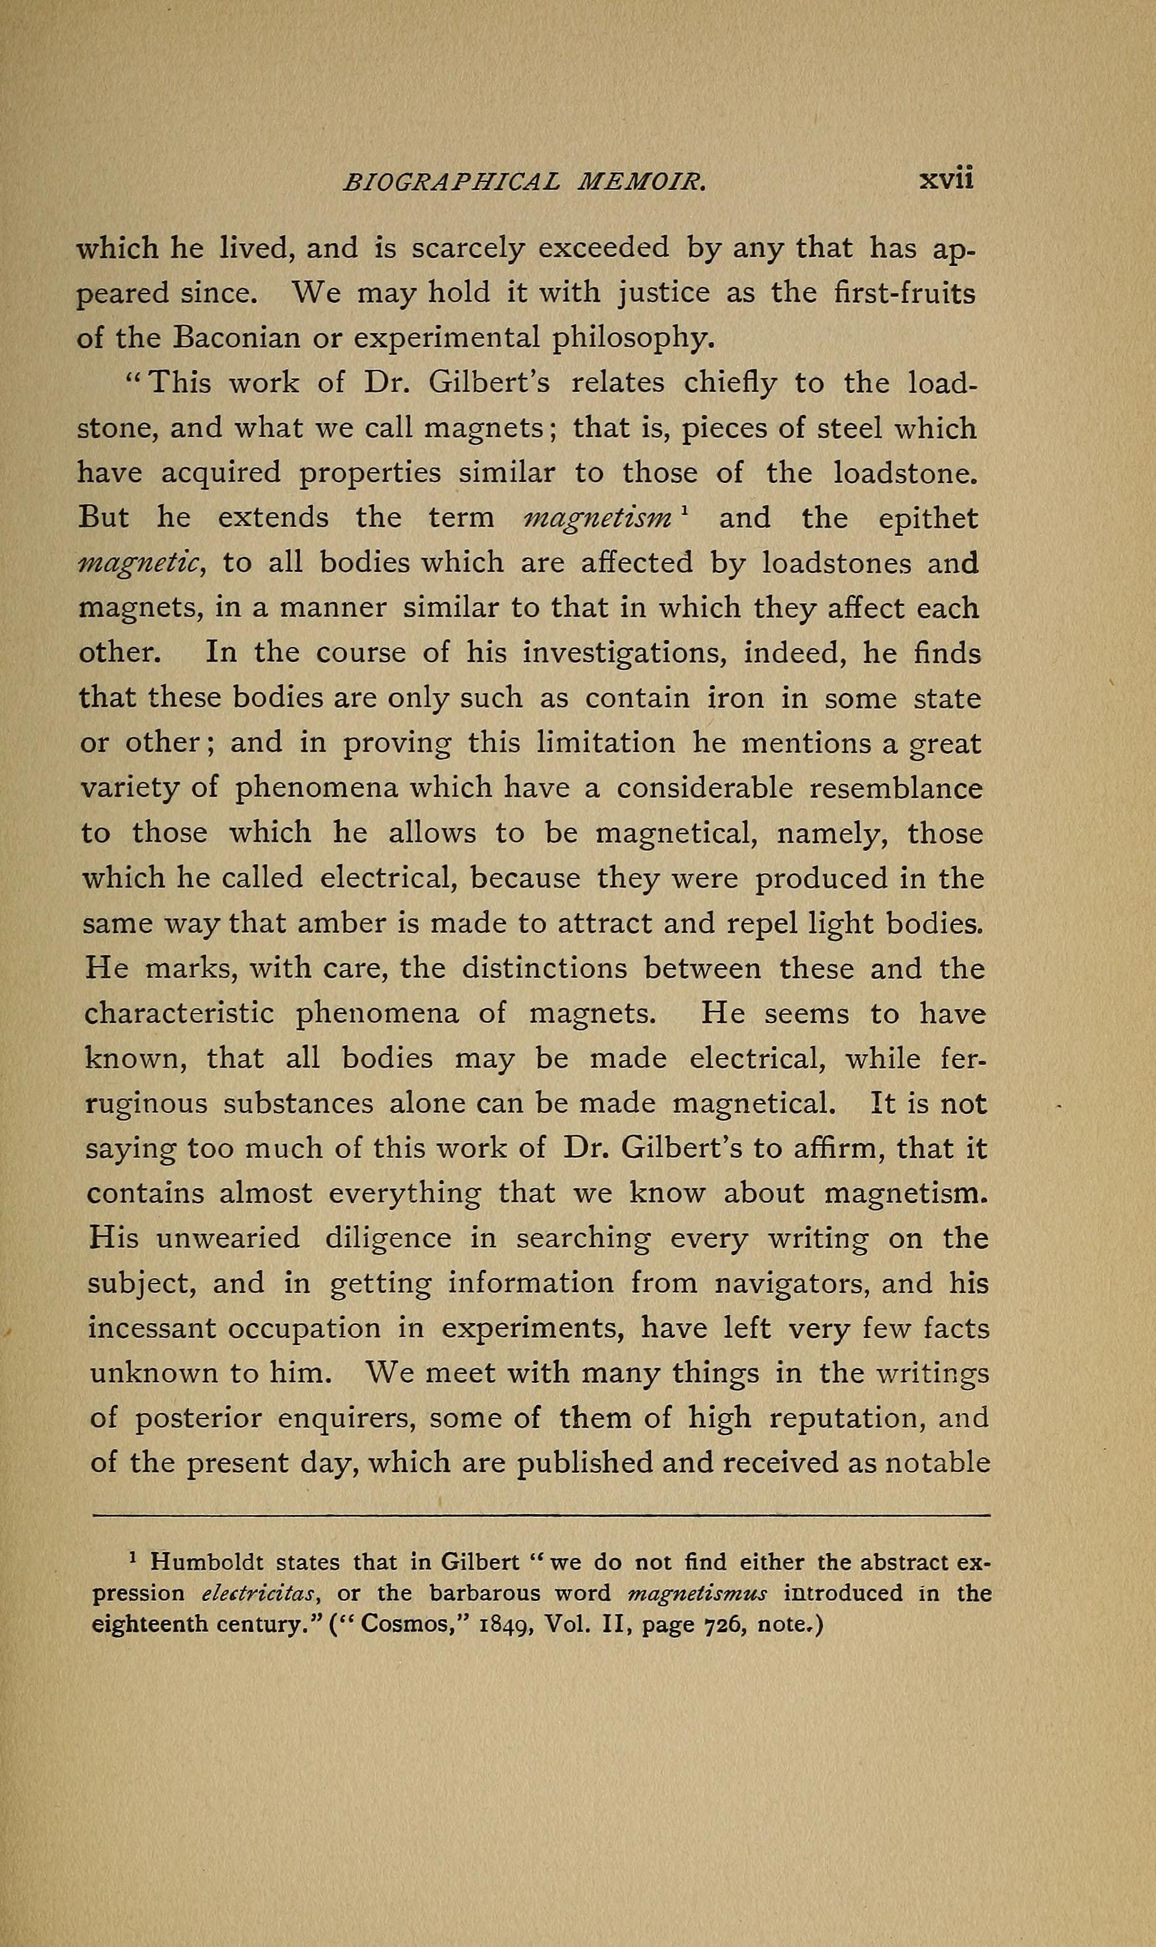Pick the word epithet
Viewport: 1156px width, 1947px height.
[927, 518]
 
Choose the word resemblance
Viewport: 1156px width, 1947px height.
[896, 788]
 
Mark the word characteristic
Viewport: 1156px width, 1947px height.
[178, 1014]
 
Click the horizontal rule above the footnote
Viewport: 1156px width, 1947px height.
[540, 1516]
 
